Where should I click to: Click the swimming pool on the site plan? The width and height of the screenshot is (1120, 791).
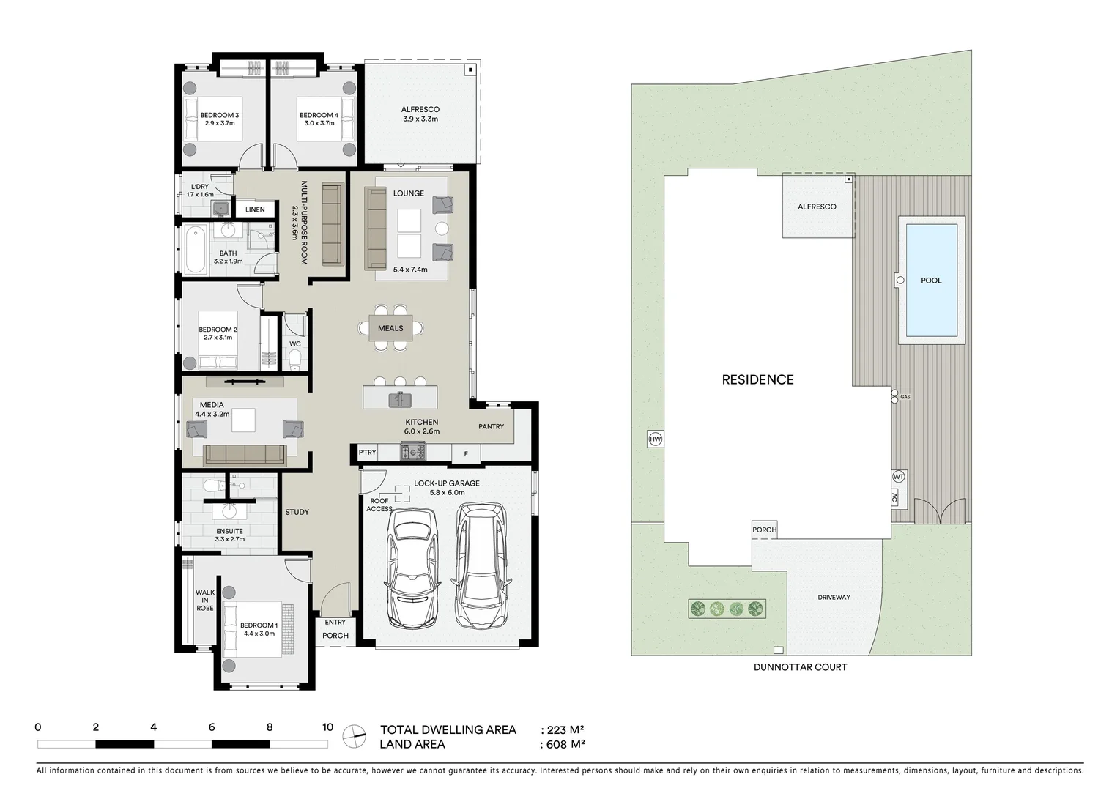click(x=931, y=281)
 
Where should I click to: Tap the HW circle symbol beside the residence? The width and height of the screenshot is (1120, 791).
click(x=655, y=439)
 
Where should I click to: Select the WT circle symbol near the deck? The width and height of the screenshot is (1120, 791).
click(x=898, y=477)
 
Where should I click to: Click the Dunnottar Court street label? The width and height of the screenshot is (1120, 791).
click(x=800, y=667)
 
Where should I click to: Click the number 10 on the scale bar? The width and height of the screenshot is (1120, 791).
click(x=327, y=727)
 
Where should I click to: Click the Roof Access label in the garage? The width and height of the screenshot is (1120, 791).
click(x=379, y=505)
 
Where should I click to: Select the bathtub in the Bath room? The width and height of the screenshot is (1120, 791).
click(x=195, y=250)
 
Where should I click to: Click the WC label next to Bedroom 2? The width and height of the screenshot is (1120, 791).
click(x=294, y=343)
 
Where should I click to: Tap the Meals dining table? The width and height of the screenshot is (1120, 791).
click(x=390, y=328)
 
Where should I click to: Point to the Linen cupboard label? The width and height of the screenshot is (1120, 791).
click(x=255, y=209)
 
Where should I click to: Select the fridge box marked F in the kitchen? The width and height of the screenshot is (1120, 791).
click(x=466, y=453)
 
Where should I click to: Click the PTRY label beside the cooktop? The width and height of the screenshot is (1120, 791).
click(x=368, y=453)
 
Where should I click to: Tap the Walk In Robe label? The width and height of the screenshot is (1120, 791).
click(x=204, y=600)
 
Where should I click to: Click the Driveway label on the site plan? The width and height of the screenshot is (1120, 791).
click(x=834, y=598)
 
